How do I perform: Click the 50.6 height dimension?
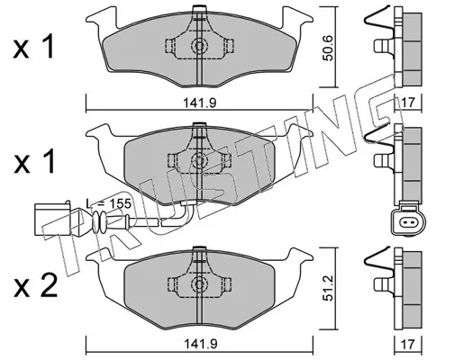(329, 48)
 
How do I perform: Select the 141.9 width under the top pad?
(200, 103)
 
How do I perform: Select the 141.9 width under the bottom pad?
(200, 344)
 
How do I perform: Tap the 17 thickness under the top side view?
(407, 103)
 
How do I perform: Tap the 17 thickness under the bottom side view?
(407, 344)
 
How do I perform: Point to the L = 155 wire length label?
(109, 203)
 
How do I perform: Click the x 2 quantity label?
(35, 286)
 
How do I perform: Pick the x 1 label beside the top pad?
(33, 47)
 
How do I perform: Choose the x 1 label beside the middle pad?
(33, 161)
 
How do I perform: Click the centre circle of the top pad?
(199, 46)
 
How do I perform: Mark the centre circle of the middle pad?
(199, 160)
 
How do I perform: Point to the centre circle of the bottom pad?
(199, 283)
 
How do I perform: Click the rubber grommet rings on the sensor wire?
(99, 222)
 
